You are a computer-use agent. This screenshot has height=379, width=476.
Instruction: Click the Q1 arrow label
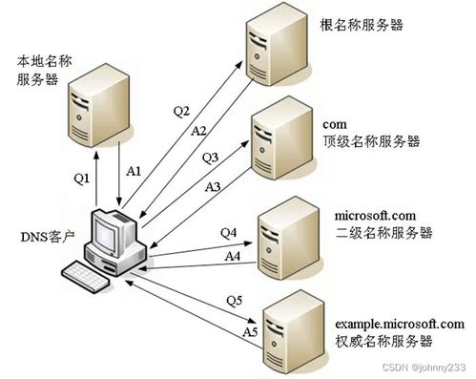pyautogui.click(x=81, y=177)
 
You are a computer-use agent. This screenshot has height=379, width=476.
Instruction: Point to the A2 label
pyautogui.click(x=198, y=131)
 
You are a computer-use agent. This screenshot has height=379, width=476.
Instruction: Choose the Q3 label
pyautogui.click(x=211, y=157)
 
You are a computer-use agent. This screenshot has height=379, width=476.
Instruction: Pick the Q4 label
pyautogui.click(x=228, y=233)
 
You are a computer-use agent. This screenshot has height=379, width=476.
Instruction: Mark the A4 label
pyautogui.click(x=232, y=256)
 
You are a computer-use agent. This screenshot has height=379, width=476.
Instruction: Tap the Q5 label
pyautogui.click(x=234, y=302)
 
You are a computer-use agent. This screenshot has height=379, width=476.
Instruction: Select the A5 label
pyautogui.click(x=250, y=331)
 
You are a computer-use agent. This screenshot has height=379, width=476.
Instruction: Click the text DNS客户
pyautogui.click(x=44, y=236)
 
